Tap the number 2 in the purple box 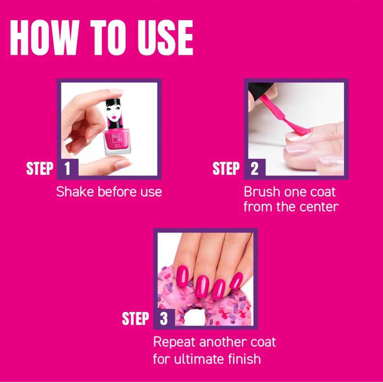point(255,169)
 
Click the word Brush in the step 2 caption point(260,191)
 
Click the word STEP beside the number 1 point(40,169)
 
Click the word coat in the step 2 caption point(321,191)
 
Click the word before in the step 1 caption point(114,191)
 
